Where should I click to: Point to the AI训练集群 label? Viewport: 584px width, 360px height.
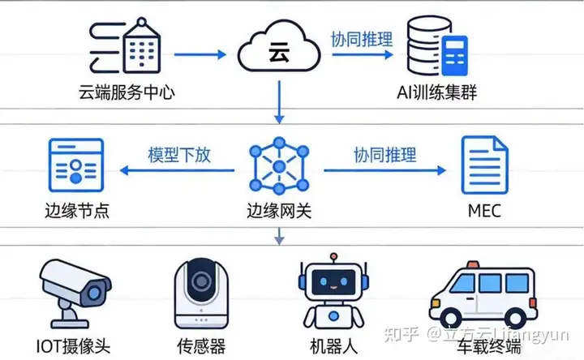pos(438,92)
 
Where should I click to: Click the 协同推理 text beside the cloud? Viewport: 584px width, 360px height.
pos(361,38)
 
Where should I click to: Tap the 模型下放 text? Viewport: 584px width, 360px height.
pos(178,155)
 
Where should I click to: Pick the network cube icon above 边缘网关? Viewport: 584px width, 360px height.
pos(278,167)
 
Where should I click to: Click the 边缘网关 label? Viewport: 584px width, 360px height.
pos(278,212)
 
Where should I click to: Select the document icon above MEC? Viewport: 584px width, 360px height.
pos(484,165)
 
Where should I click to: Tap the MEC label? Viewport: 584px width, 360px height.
pos(484,212)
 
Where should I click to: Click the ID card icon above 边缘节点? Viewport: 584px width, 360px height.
pos(75,166)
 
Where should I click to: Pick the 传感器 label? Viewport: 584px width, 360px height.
pos(200,345)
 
